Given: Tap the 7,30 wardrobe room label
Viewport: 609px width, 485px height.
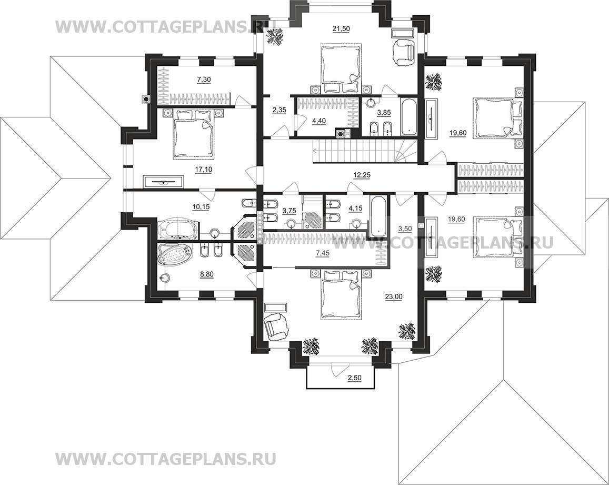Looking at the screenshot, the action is coord(203,80).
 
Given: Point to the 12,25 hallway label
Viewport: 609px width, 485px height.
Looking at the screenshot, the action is coord(362,175).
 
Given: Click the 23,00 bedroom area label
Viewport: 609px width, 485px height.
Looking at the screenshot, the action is coord(394,297).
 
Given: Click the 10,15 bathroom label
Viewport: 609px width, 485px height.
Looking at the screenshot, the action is coord(201,207).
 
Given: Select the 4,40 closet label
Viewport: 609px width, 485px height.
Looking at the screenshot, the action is coord(319,121).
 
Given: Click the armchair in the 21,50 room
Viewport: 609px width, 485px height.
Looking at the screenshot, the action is coord(404,53).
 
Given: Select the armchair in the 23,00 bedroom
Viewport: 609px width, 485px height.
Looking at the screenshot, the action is coord(276,325).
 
